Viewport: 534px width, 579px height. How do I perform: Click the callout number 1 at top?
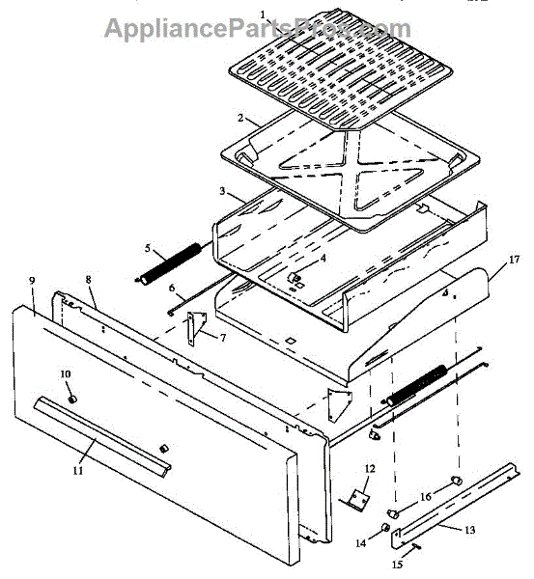[x=262, y=15]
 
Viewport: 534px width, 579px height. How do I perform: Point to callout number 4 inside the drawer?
[x=296, y=258]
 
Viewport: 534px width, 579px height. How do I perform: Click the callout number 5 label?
[x=147, y=248]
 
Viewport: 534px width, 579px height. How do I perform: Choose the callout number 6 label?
[x=170, y=288]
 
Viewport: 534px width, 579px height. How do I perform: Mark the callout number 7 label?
[x=222, y=337]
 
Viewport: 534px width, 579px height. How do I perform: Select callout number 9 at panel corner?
[x=32, y=281]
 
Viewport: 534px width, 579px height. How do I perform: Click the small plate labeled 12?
[x=360, y=497]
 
